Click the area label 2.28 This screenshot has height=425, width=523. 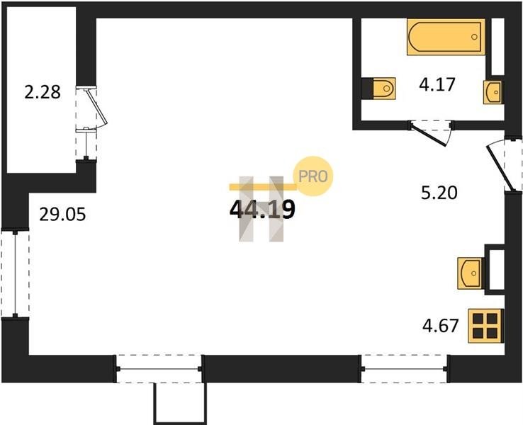tap(43, 92)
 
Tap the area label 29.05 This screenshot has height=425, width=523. tap(62, 214)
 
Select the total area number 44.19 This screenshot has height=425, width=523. tap(262, 210)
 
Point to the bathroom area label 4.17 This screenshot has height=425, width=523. tap(437, 84)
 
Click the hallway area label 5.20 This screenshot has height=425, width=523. tap(439, 193)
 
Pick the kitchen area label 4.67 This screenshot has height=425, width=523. tap(441, 325)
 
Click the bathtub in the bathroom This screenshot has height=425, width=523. tap(446, 37)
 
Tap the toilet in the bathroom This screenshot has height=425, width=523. tap(383, 89)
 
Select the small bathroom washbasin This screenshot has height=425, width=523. tap(493, 92)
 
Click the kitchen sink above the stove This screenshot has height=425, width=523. tap(471, 273)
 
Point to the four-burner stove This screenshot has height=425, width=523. tap(485, 326)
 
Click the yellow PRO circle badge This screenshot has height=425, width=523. tap(313, 176)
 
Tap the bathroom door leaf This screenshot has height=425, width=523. tap(429, 135)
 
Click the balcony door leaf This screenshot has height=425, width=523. tap(96, 107)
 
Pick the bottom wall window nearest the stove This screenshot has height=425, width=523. tap(404, 369)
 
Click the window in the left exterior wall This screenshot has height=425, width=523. tap(15, 273)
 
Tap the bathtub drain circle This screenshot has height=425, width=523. tap(474, 37)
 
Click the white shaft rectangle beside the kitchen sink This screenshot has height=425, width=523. tap(497, 269)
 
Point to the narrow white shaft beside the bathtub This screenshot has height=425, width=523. tap(497, 47)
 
